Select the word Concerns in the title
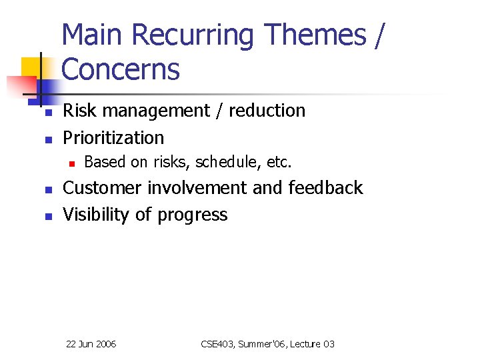[x=121, y=69]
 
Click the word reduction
[x=267, y=111]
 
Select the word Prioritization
[x=113, y=138]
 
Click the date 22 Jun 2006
[x=91, y=344]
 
